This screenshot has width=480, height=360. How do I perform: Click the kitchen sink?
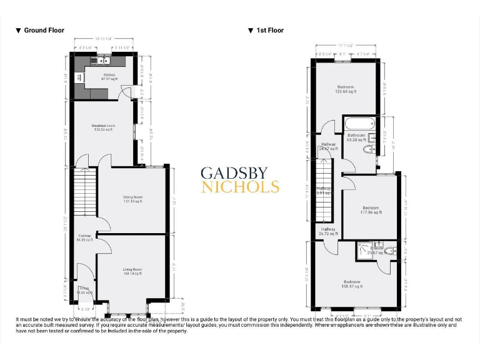[x=100, y=61]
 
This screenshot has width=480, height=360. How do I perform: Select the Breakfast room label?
[x=103, y=128]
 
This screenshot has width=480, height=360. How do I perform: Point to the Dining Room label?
[x=132, y=199]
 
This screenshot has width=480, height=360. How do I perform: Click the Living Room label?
[x=132, y=271]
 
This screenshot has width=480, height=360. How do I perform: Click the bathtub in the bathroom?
[x=360, y=123]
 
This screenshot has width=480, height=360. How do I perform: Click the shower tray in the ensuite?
[x=364, y=251]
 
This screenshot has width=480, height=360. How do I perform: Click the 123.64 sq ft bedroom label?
[x=346, y=89]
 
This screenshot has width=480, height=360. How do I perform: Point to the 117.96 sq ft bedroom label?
[x=370, y=210]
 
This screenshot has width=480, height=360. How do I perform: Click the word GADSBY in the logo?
[x=239, y=173]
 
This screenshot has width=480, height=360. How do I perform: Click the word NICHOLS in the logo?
[x=239, y=186]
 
